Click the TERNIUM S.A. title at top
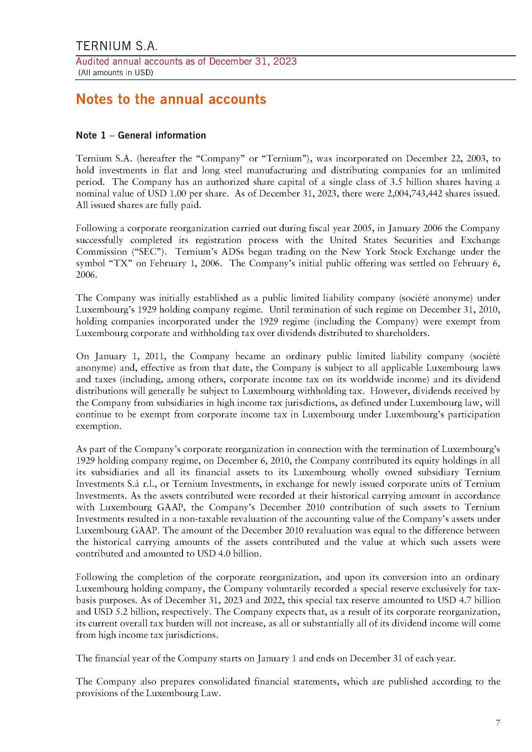[x=117, y=46]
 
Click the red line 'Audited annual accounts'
[x=186, y=62]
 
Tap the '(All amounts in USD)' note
[x=116, y=73]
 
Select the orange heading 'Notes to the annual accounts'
[x=171, y=99]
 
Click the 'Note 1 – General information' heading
[x=141, y=135]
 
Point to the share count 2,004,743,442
[x=415, y=194]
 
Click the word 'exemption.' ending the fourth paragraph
[x=99, y=426]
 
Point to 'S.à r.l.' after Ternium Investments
[x=139, y=484]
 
